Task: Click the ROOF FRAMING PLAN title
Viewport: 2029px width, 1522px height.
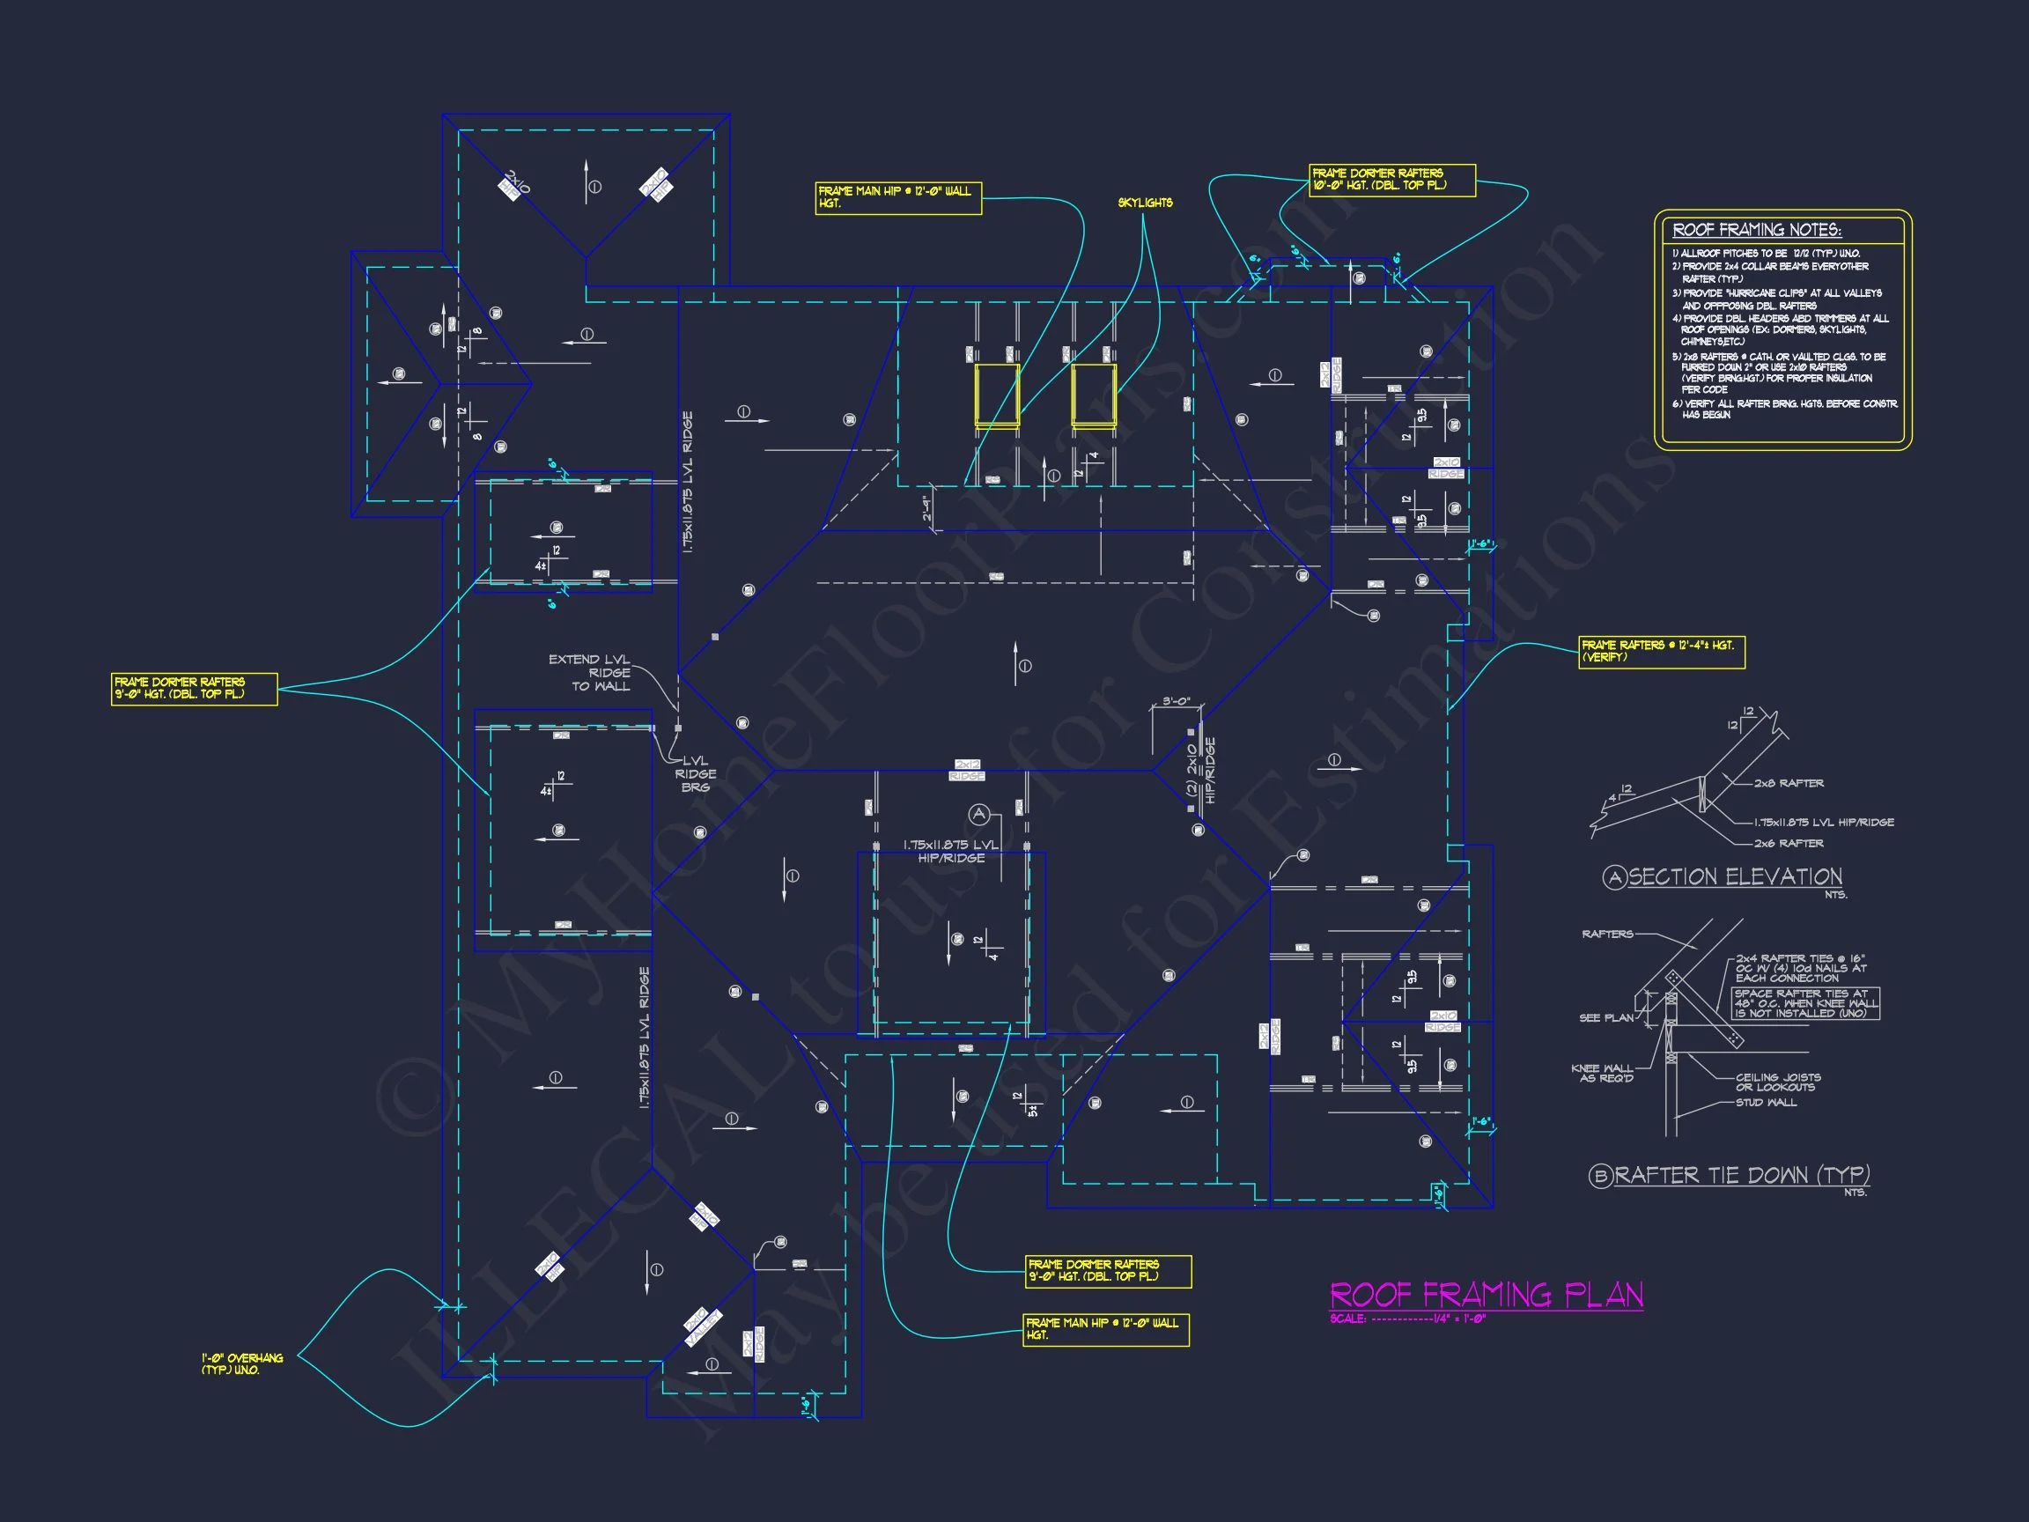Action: (1486, 1295)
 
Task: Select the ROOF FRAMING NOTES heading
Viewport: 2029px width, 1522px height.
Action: (1756, 230)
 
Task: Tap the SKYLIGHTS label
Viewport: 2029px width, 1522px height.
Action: (1145, 203)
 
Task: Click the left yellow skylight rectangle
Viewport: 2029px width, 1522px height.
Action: (996, 395)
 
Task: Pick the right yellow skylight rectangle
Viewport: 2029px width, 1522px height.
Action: (1094, 395)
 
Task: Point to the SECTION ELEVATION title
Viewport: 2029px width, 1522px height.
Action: (1735, 877)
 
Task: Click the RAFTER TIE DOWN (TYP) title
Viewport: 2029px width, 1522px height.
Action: (1741, 1175)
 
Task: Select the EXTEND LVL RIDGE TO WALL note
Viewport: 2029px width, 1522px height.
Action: (590, 672)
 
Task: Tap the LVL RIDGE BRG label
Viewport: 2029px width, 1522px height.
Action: (696, 774)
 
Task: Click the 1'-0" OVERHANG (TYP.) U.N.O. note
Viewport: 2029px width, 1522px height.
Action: (242, 1363)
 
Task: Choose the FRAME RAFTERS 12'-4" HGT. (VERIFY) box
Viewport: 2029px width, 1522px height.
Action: (1661, 652)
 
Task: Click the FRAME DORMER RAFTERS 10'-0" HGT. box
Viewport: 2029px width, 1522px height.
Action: (1391, 179)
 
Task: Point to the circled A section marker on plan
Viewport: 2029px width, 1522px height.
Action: (979, 814)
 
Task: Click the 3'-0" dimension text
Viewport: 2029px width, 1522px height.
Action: (1176, 702)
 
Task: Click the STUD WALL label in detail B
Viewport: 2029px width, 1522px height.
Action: (1766, 1103)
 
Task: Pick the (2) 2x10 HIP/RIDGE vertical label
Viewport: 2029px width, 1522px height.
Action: (1200, 771)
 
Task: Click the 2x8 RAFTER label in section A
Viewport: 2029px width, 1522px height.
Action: (1789, 784)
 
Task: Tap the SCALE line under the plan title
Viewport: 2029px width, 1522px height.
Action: (1407, 1319)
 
